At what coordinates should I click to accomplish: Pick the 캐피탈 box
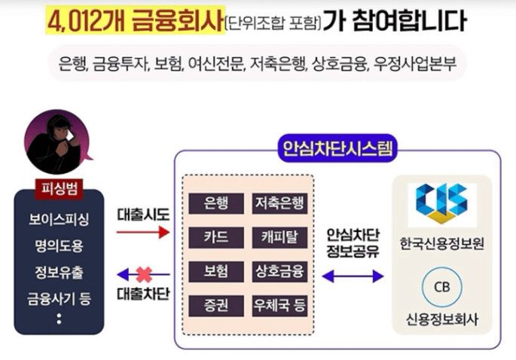(x=279, y=237)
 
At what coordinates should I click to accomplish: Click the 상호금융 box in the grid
(x=279, y=271)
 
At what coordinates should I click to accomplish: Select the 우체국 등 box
(x=279, y=306)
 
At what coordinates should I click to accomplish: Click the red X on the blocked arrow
(x=142, y=273)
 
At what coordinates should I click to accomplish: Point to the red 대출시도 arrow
(x=142, y=233)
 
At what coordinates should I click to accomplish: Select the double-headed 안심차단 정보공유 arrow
(x=353, y=276)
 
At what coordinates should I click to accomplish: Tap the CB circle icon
(x=440, y=288)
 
